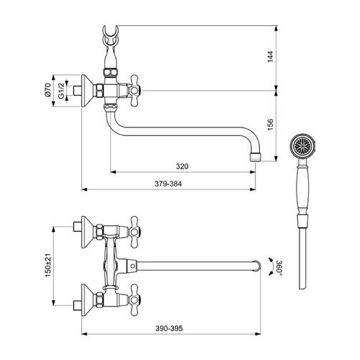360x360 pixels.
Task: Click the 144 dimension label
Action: click(271, 57)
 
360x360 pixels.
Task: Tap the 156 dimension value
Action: click(271, 125)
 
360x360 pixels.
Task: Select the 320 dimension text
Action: click(182, 166)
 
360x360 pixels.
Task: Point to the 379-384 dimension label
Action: click(168, 184)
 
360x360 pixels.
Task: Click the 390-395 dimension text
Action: click(169, 328)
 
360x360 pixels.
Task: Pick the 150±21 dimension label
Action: click(48, 265)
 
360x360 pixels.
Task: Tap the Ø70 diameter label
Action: click(48, 90)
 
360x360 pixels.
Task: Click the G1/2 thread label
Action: click(61, 91)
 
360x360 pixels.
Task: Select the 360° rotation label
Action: click(279, 266)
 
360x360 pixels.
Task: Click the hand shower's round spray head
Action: click(302, 146)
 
